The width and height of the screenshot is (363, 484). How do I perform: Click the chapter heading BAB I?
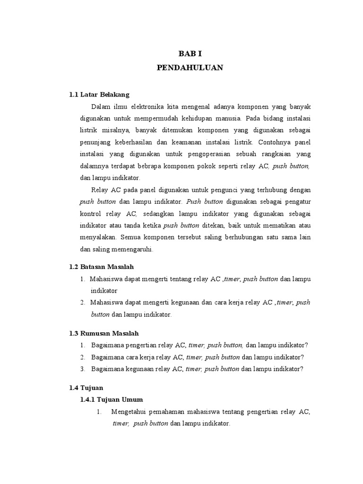tap(190, 54)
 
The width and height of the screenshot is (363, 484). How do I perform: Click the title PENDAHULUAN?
tap(190, 68)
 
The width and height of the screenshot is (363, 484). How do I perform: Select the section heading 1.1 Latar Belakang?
tap(99, 94)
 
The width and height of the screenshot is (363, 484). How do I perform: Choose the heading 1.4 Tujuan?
tap(86, 388)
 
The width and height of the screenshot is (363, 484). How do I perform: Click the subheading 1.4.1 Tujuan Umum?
tap(111, 399)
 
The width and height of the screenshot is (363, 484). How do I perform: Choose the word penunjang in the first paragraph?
tap(95, 141)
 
